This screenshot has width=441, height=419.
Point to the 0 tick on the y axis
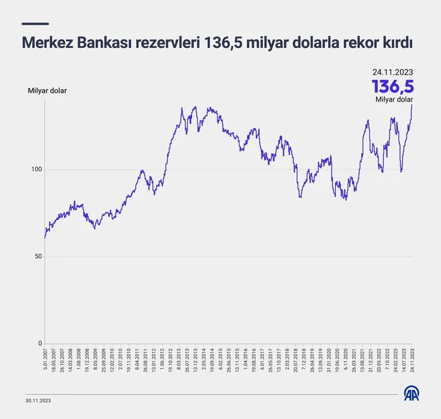39,343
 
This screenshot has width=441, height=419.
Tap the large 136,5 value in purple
392,86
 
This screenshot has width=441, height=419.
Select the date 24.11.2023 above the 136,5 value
392,72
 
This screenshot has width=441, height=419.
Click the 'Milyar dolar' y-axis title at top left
47,91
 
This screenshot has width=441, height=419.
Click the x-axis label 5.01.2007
45,362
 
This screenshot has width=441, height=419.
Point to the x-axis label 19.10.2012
171,362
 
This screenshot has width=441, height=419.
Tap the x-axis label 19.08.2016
253,362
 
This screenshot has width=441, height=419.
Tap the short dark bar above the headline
35,24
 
